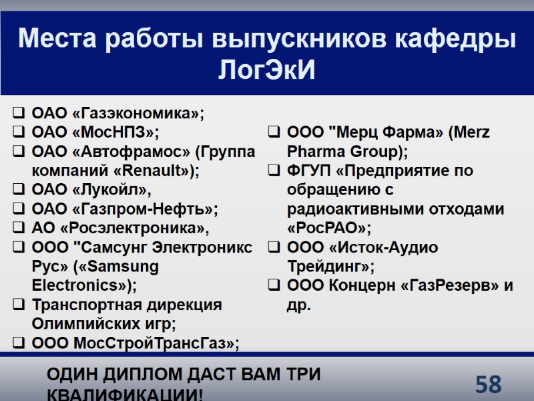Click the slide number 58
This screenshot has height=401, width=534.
click(489, 384)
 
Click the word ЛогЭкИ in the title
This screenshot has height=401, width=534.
click(267, 70)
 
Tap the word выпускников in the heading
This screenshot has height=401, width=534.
click(300, 39)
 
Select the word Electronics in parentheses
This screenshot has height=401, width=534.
click(80, 286)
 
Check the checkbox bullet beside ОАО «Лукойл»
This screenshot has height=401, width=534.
click(20, 190)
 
